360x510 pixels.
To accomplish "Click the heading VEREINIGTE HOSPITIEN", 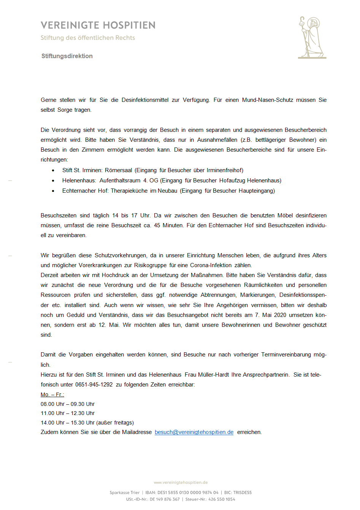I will point(98,25).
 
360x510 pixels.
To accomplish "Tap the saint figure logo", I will point(312,37).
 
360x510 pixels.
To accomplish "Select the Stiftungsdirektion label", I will point(67,56).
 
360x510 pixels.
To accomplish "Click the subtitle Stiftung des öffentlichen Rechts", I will point(88,38).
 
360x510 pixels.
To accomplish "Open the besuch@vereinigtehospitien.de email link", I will point(194,432).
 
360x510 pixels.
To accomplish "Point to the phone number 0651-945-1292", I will point(94,385).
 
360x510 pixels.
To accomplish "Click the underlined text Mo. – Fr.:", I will point(52,394).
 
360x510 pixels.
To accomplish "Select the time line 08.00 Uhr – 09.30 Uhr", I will point(68,404).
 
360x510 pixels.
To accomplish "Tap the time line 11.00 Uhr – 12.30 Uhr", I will point(68,413).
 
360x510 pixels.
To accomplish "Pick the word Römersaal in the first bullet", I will point(118,170).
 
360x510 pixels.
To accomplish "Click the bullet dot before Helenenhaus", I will point(53,181).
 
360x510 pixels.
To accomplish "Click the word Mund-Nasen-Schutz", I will point(268,100).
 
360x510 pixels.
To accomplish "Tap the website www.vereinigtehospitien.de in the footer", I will point(181,483).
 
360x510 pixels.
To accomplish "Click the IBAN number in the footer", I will point(188,493).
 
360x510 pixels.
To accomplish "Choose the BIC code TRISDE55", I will point(243,493).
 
